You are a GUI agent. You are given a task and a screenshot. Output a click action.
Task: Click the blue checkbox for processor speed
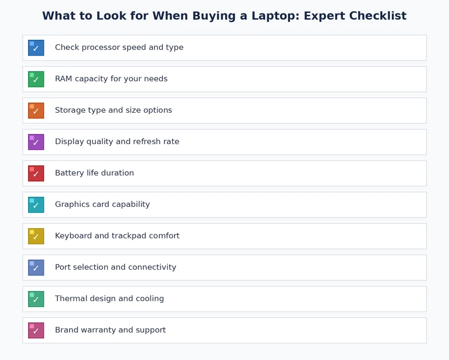click(x=36, y=48)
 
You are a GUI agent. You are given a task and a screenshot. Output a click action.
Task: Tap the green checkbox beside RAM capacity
click(x=36, y=79)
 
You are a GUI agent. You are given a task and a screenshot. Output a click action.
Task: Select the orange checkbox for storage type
click(x=36, y=110)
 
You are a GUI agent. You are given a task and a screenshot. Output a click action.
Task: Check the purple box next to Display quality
click(x=36, y=142)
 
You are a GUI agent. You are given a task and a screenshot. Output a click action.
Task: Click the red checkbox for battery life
click(x=36, y=173)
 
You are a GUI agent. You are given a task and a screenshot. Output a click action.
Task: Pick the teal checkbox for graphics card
click(x=36, y=205)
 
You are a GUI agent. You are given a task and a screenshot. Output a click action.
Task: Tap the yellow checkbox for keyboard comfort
click(x=36, y=236)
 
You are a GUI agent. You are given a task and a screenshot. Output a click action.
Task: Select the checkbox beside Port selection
click(x=36, y=267)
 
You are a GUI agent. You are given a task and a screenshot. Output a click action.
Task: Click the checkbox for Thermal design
click(x=36, y=299)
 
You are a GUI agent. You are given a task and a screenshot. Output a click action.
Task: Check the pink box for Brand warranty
click(x=36, y=330)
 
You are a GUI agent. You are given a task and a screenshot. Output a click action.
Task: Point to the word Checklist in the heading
click(x=377, y=16)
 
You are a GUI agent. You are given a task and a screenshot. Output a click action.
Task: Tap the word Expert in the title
click(x=323, y=16)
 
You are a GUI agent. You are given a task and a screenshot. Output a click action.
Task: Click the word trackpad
click(x=129, y=236)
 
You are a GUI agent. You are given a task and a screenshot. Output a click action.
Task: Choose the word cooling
click(x=149, y=299)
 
